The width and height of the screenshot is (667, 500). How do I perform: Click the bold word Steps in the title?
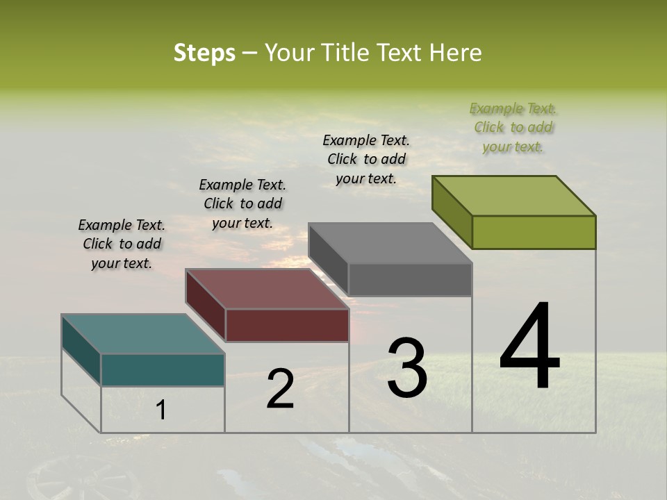(x=204, y=53)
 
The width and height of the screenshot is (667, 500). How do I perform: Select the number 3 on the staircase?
(x=406, y=368)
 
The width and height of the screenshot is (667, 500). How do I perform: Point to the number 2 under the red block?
(x=280, y=389)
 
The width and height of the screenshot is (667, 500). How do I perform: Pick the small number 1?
(x=161, y=410)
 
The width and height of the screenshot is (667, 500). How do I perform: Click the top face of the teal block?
(x=142, y=334)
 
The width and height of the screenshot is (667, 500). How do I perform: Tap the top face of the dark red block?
(x=267, y=289)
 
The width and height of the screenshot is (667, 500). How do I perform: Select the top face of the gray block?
(x=390, y=243)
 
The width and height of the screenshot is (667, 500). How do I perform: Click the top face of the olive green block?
(x=513, y=196)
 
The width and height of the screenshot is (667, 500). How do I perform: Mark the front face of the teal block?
(x=163, y=369)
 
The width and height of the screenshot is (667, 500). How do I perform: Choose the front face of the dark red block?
(x=287, y=325)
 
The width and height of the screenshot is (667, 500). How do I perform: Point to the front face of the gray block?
(x=410, y=279)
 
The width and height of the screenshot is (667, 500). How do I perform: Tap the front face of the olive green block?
(x=534, y=232)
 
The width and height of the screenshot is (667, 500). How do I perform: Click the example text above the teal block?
(x=122, y=244)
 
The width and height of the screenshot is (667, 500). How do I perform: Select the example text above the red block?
(x=242, y=203)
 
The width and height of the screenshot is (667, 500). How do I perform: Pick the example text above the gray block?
(x=366, y=159)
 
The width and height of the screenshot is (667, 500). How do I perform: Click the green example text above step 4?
(x=513, y=127)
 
